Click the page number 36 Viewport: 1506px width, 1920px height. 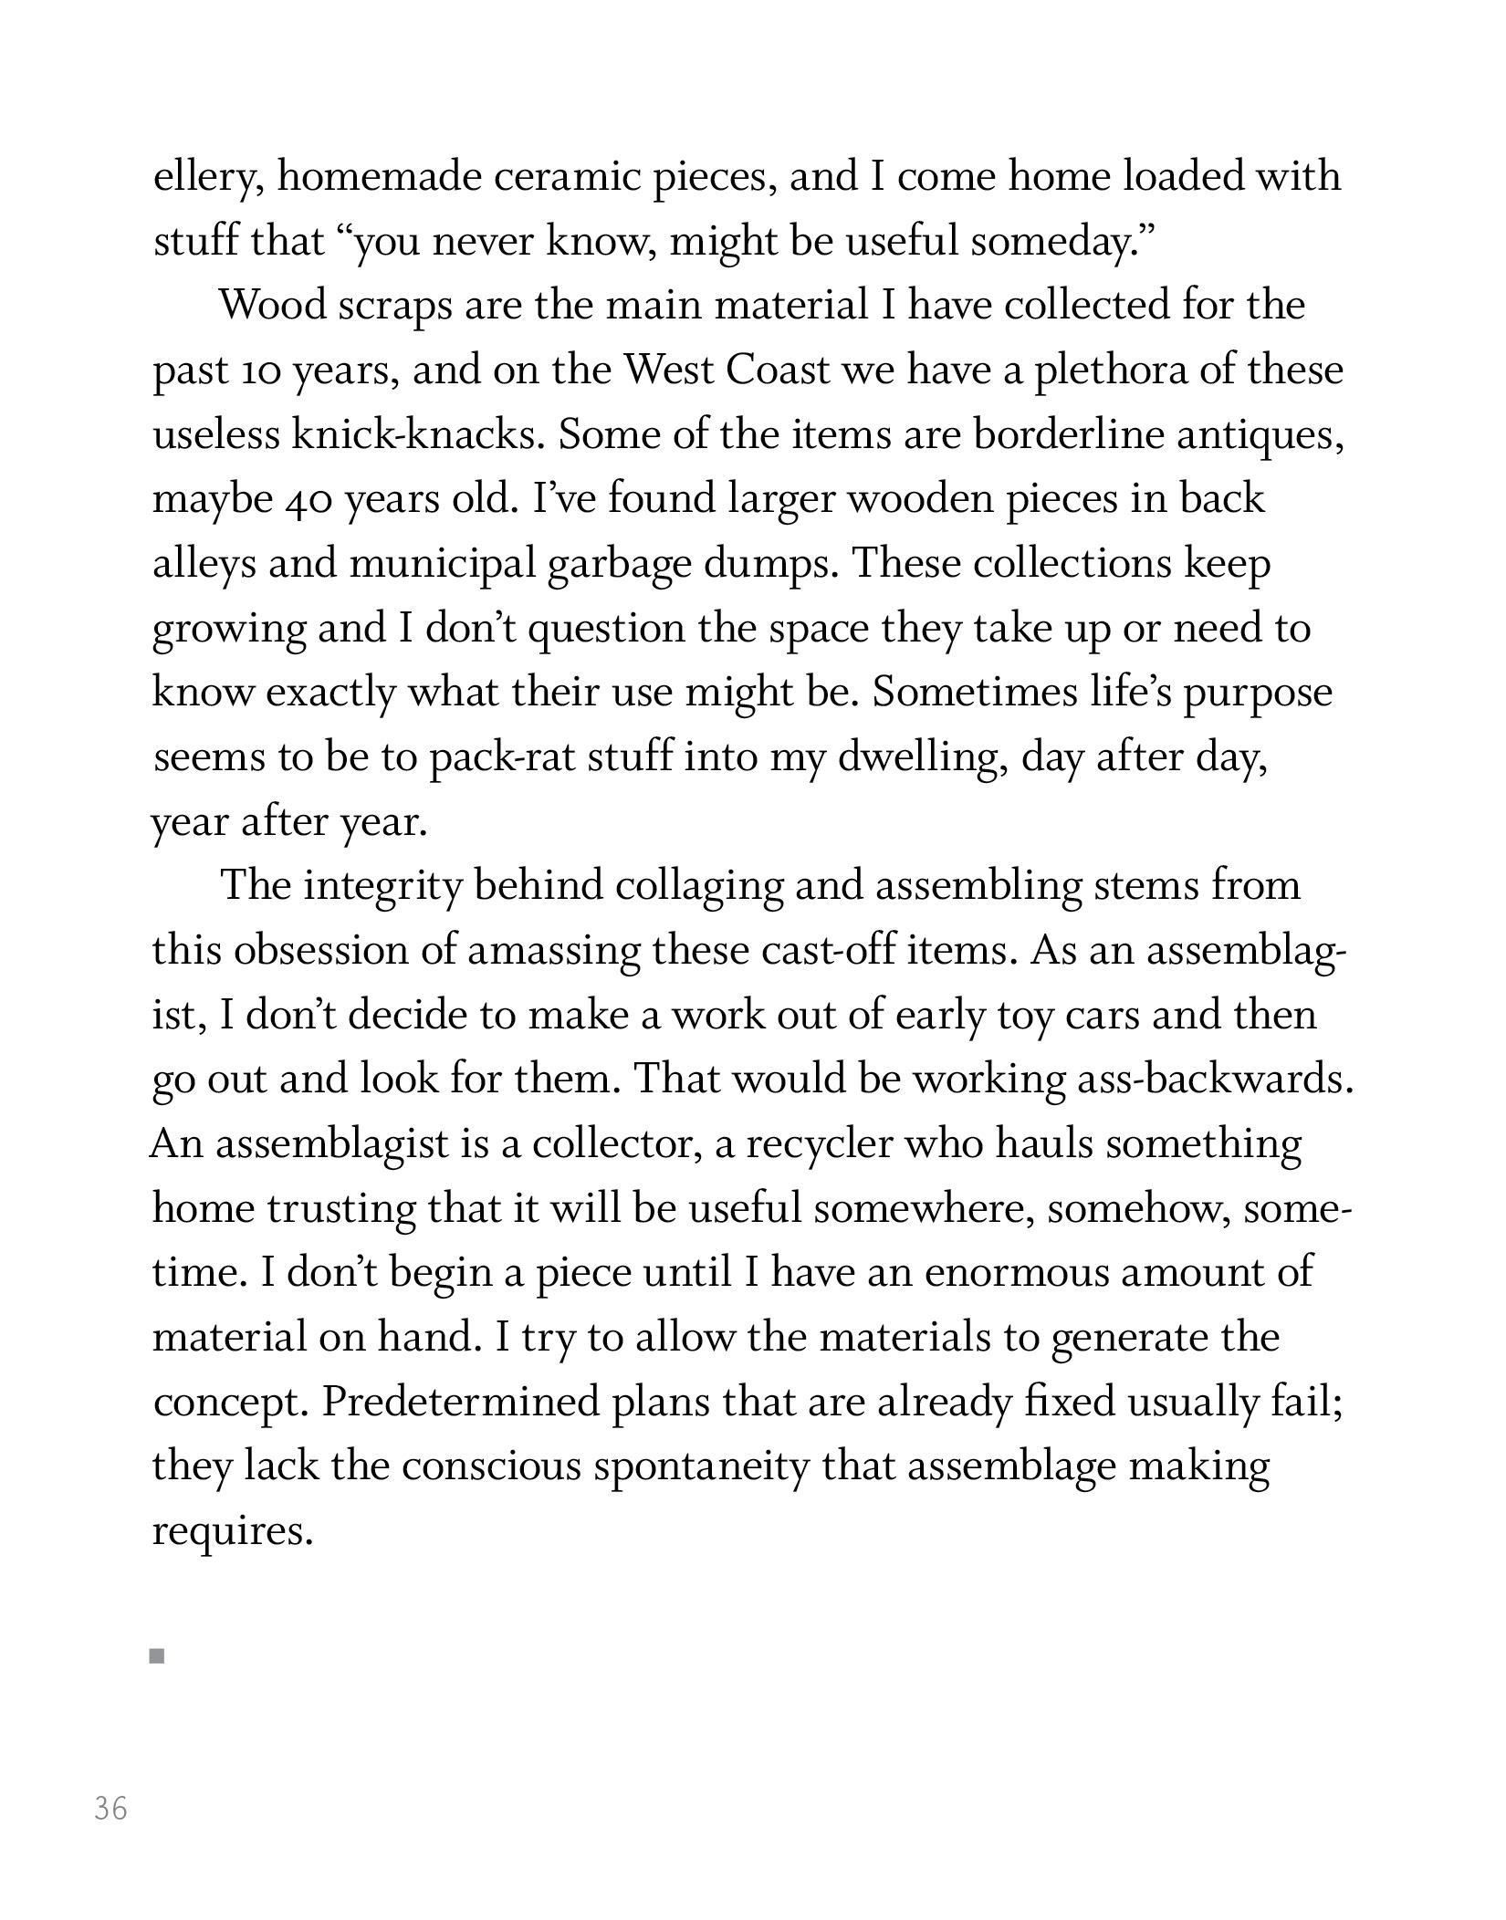tap(110, 1808)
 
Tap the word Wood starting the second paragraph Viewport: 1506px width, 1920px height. tap(272, 305)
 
